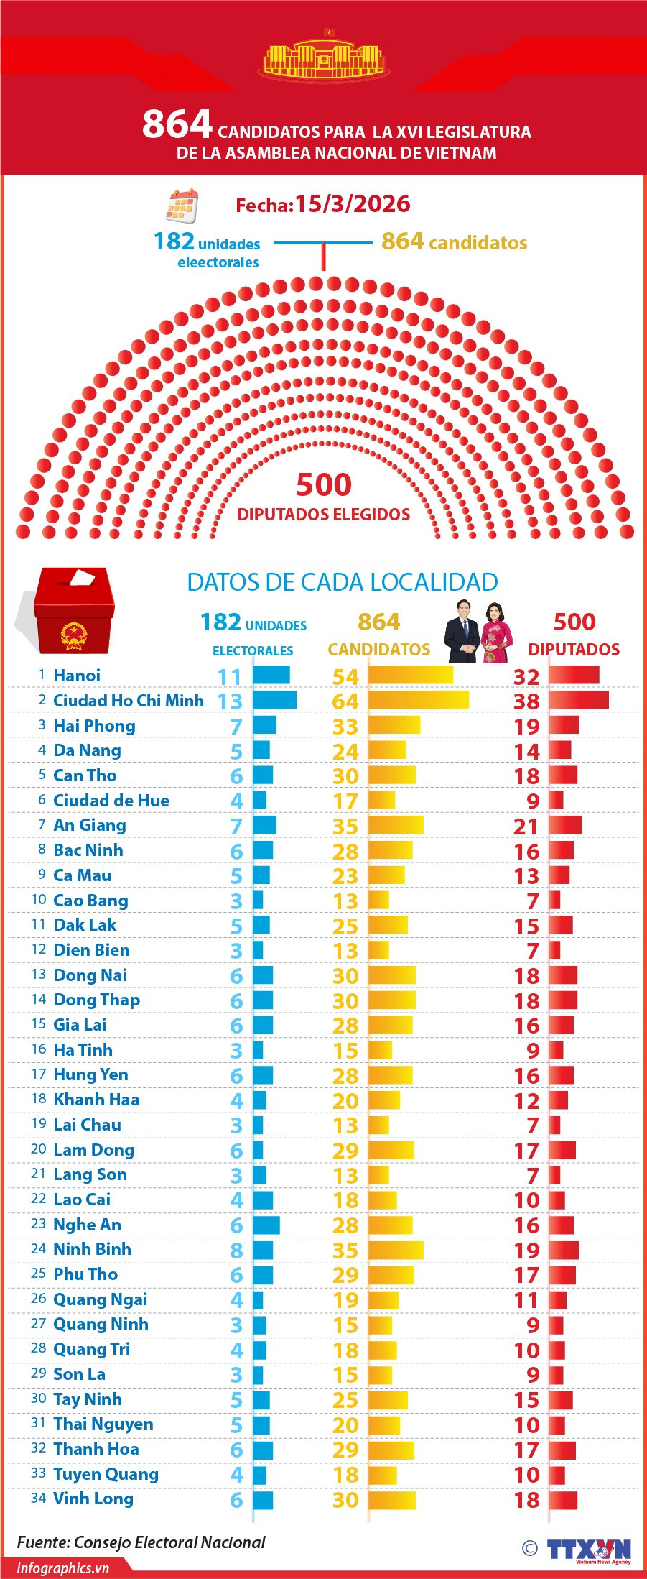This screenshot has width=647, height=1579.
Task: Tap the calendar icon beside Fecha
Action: [x=181, y=206]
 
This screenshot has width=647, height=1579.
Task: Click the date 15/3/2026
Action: [x=353, y=204]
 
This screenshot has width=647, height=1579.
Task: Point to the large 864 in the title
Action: [x=177, y=124]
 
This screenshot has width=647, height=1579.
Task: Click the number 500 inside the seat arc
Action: [x=324, y=485]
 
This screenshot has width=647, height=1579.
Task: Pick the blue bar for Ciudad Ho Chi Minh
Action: [x=274, y=700]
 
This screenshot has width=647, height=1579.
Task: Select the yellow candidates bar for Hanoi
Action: [x=411, y=675]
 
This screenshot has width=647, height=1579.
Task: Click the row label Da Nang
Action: [x=87, y=750]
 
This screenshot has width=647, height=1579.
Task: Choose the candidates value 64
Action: [x=345, y=701]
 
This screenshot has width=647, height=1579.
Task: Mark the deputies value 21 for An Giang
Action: [x=526, y=827]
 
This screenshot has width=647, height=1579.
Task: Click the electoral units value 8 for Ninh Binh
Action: [x=236, y=1251]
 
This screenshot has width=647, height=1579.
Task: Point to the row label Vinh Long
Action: [x=93, y=1499]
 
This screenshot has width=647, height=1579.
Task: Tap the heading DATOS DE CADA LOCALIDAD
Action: [x=343, y=582]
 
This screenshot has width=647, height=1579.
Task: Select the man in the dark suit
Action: [x=462, y=631]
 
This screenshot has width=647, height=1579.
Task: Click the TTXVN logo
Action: [x=588, y=1550]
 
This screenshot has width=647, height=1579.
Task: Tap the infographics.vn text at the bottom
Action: [x=63, y=1568]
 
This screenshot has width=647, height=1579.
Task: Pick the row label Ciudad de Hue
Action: [x=111, y=800]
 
